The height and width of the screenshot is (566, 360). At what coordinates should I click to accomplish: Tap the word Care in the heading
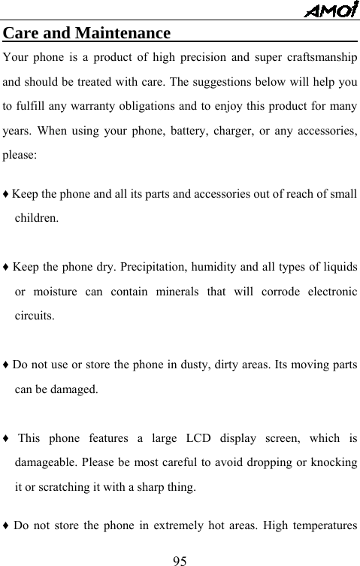[x=23, y=35]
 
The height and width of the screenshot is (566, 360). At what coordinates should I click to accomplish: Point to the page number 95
[x=179, y=560]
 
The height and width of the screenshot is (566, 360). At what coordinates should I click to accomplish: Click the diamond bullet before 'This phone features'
[x=6, y=437]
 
